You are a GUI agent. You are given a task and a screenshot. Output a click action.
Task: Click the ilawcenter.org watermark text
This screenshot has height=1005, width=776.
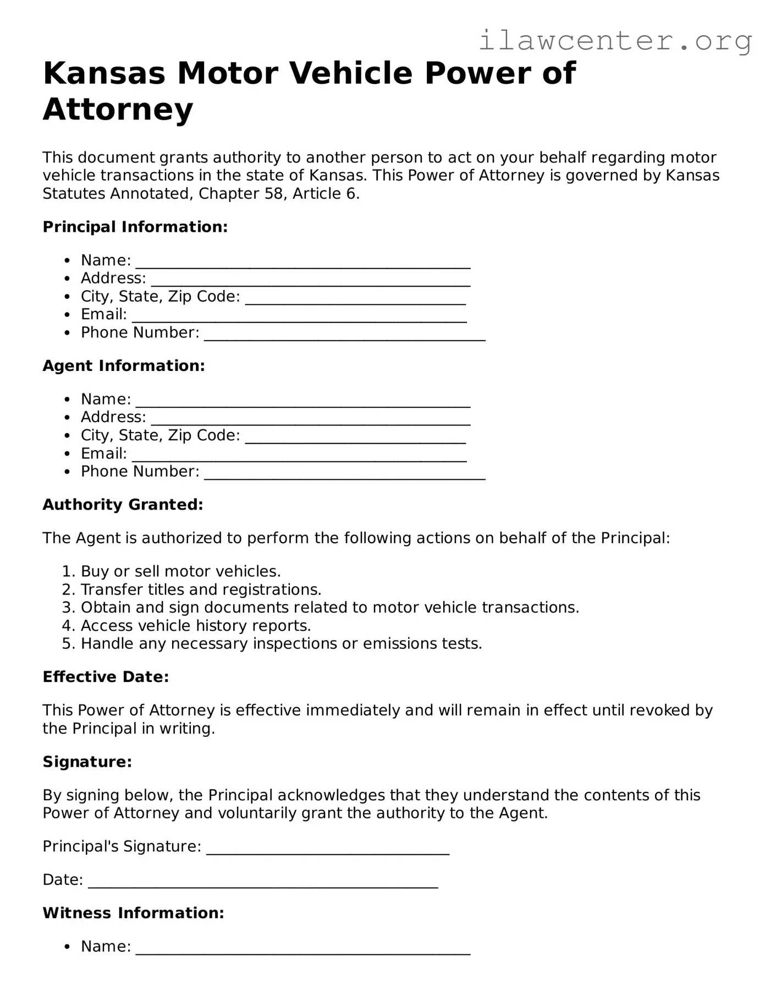coord(615,41)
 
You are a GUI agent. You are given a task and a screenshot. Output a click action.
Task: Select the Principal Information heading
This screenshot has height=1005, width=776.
coord(135,227)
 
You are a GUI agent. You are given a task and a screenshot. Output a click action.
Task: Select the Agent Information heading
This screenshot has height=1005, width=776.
coord(124,365)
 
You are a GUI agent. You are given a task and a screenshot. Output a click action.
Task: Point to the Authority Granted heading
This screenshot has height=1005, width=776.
coord(123,505)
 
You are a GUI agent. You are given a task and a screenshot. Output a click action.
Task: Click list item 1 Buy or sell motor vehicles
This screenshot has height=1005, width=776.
coord(180,571)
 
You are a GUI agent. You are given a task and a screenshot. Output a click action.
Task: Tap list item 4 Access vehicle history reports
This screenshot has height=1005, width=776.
coord(196,626)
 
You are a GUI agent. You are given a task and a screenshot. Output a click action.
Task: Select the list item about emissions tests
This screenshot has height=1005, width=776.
coord(281,643)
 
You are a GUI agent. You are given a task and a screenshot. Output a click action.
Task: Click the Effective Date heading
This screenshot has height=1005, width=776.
coord(106,677)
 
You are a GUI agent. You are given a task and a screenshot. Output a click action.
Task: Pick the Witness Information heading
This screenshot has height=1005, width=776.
coord(133,913)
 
